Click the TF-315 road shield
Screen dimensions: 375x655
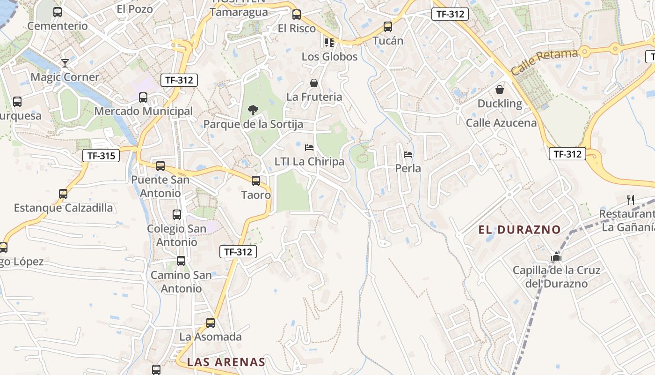coord(101,156)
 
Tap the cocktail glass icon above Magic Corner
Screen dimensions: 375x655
coord(65,63)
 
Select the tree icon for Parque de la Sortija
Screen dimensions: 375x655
coord(253,110)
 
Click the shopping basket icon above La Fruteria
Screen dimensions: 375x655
coord(314,83)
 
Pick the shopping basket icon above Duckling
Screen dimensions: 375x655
coord(500,89)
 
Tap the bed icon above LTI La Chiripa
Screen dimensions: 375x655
coord(309,148)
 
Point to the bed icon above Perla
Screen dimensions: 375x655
coord(408,154)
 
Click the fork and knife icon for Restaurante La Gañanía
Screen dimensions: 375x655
coord(631,200)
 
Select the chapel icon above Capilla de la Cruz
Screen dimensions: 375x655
coord(556,256)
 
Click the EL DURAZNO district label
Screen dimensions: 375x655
coord(519,230)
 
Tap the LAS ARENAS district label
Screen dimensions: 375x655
coord(226,362)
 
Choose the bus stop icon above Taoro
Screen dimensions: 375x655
coord(256,180)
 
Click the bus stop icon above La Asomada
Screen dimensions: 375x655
coord(211,322)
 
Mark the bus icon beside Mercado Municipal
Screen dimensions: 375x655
coord(143,97)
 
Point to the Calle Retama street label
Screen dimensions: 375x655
coord(544,62)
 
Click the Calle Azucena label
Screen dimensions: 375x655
coord(501,123)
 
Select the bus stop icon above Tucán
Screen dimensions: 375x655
coord(388,27)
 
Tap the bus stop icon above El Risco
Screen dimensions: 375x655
coord(297,15)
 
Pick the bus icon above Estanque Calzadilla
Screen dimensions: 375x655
coord(63,194)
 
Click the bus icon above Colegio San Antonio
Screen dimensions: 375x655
coord(177,215)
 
